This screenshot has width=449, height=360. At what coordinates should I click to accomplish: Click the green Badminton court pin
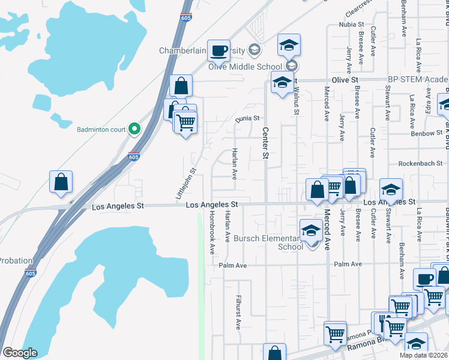135,128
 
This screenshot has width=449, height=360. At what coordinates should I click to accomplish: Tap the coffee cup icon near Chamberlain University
218,50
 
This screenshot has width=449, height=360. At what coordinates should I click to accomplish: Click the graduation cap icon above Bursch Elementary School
310,229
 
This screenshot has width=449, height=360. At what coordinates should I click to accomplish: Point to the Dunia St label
246,119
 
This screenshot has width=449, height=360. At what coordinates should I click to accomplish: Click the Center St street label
264,143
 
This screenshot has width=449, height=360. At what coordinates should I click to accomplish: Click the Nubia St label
351,25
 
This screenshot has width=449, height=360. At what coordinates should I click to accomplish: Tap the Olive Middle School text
245,67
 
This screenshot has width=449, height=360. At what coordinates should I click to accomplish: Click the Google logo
20,353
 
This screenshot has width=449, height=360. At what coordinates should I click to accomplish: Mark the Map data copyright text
424,355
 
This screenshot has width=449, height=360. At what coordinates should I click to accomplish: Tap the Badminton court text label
101,128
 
